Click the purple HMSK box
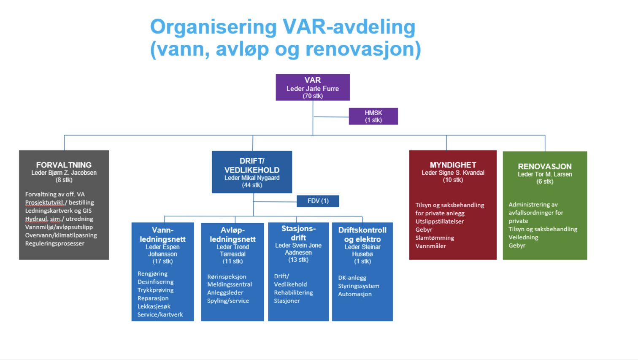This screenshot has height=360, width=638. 373,116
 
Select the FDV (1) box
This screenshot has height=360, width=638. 318,201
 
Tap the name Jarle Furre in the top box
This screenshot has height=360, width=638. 322,89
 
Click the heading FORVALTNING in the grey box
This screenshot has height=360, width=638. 64,165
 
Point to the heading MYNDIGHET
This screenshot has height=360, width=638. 453,165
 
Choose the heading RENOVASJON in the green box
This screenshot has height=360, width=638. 544,167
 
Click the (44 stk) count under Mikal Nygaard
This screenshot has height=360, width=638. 252,185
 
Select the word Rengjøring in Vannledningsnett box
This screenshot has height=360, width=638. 152,274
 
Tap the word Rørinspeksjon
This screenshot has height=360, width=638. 227,277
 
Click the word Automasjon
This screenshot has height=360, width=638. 354,294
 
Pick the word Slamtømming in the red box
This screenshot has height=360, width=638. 435,238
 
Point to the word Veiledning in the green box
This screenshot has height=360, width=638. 523,238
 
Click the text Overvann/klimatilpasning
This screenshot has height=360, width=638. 61,235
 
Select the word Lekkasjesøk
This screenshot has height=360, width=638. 154,306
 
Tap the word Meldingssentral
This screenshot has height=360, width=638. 229,285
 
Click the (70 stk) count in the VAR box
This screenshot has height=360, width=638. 313,96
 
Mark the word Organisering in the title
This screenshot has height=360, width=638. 213,27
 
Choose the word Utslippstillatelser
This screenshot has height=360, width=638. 439,222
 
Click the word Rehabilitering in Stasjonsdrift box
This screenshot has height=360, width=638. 293,293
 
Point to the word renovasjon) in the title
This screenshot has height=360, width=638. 363,49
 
